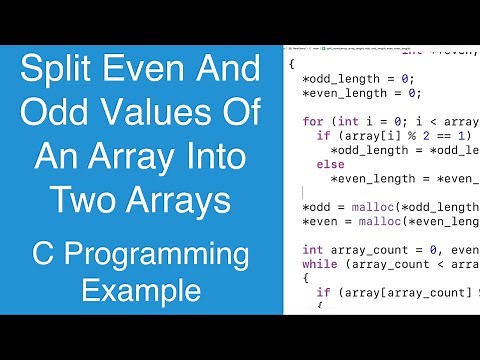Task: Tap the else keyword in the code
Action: pos(330,164)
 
